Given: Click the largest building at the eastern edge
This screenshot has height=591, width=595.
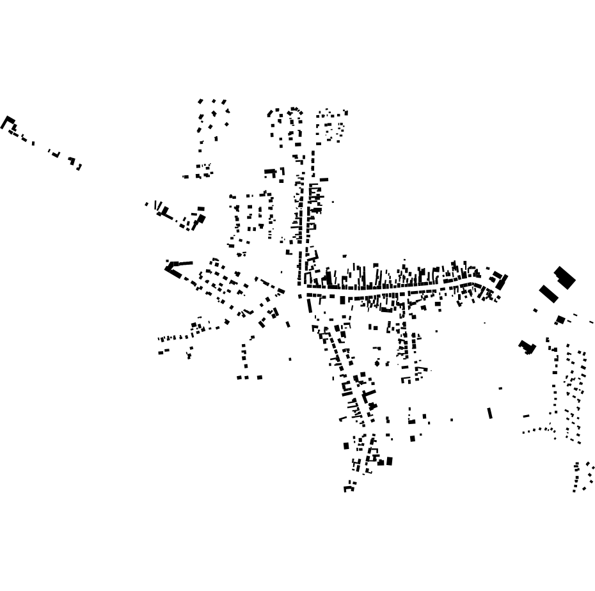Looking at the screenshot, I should coord(564,277).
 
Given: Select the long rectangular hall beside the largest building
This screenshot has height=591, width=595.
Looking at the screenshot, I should coord(548,294).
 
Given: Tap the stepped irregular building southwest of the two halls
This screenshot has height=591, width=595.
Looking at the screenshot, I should coord(527,347).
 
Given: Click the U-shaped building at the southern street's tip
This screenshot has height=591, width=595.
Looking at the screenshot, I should coord(349,487).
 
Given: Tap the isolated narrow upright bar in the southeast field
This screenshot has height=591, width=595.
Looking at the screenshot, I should coord(490,413).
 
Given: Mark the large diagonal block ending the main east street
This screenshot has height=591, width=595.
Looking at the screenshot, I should coord(502,281).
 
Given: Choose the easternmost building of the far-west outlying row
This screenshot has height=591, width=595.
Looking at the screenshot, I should coord(79,167).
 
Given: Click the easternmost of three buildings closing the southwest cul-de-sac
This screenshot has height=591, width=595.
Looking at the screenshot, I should coord(259,377).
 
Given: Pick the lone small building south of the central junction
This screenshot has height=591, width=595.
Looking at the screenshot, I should coord(290,359).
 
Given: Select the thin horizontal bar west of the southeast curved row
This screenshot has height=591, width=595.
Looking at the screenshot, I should coord(526,416).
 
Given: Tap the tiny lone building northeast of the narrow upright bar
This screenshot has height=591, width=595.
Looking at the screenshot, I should coord(500,388).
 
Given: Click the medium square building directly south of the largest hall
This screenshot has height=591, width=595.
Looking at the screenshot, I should coord(560,319).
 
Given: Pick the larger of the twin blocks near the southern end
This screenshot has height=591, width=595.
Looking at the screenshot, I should coord(389,461).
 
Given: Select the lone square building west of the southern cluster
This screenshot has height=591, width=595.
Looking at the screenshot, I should coord(347,445).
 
